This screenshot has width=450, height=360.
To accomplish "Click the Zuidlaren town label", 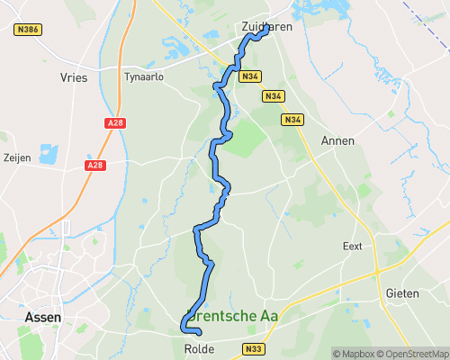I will pos(266,27).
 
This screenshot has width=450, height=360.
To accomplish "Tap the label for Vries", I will pos(73,78).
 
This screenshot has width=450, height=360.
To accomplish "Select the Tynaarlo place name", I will pos(144,77).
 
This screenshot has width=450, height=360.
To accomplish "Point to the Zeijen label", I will pos(18,157).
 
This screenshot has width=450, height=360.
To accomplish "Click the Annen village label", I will pos(337,141).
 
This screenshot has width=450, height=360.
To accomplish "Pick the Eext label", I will pos(352,246).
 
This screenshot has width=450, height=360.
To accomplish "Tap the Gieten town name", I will pos(401,294).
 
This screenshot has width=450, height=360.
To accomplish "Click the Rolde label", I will pos(198,347).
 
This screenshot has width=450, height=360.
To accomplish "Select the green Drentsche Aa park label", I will pos(232,317).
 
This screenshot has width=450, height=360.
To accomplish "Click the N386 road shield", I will pos(28,30).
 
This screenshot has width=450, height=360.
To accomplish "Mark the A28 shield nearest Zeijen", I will pos(95,166).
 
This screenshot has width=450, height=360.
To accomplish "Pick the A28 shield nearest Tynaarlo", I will pos(114,123).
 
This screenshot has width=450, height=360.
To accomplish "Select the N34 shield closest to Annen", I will pos(292,120).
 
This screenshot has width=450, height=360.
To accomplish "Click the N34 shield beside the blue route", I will pos(249,77).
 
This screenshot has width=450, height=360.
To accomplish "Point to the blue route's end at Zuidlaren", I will pos(267,26).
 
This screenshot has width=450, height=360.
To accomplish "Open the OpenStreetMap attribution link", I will pos(413,353).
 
